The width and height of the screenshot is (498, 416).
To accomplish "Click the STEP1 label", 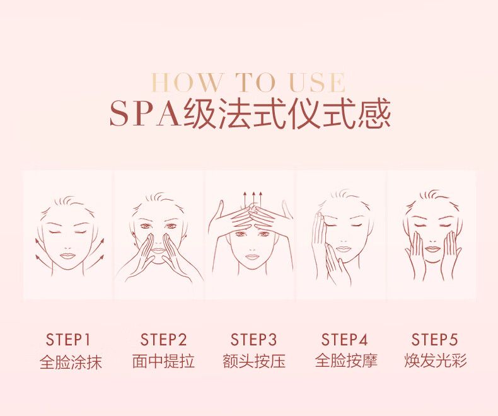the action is pyautogui.click(x=68, y=340).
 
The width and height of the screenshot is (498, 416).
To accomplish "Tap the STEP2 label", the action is pyautogui.click(x=163, y=340).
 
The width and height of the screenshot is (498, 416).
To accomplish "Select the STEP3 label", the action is pyautogui.click(x=253, y=340).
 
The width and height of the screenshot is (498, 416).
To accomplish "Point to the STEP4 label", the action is pyautogui.click(x=344, y=340).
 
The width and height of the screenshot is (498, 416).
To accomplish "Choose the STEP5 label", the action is pyautogui.click(x=434, y=340).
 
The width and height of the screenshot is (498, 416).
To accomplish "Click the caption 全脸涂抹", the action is pyautogui.click(x=71, y=361).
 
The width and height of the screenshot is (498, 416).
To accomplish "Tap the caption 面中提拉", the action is pyautogui.click(x=163, y=361).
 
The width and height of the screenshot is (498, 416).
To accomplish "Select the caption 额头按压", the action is pyautogui.click(x=254, y=361).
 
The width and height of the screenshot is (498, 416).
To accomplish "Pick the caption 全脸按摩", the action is pyautogui.click(x=346, y=361).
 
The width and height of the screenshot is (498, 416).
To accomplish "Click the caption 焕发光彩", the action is pyautogui.click(x=436, y=361).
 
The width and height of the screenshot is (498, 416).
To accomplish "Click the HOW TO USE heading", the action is pyautogui.click(x=248, y=82).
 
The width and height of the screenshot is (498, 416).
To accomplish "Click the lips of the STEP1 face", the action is pyautogui.click(x=67, y=256).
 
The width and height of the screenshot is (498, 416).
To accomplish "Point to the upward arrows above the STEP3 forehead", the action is pyautogui.click(x=253, y=199).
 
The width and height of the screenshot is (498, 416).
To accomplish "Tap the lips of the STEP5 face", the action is pyautogui.click(x=432, y=248).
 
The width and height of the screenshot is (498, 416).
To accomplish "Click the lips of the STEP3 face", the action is pyautogui.click(x=252, y=257).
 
